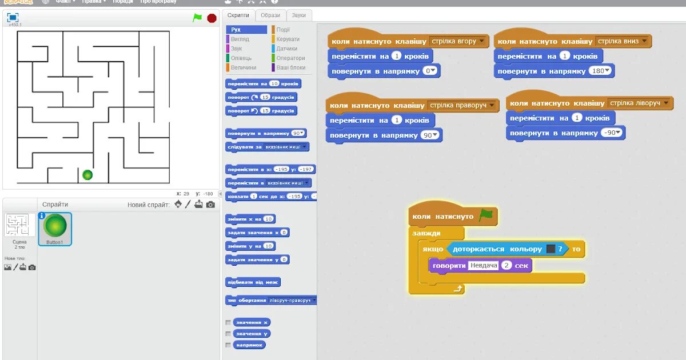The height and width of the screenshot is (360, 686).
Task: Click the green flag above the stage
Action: click(197, 18)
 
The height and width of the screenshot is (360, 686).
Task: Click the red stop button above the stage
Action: click(212, 18)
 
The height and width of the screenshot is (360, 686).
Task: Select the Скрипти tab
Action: click(237, 15)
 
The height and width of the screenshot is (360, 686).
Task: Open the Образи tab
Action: click(270, 15)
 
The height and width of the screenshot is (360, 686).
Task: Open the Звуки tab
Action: click(298, 15)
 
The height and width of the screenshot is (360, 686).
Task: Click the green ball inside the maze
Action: click(87, 175)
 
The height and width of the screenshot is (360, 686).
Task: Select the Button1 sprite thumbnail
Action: click(55, 228)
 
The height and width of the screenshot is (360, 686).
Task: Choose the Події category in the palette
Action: click(283, 30)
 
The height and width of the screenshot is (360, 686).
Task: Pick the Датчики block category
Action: click(286, 49)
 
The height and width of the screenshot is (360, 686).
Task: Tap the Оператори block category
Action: click(290, 58)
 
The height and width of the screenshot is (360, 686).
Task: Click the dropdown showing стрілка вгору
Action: click(458, 41)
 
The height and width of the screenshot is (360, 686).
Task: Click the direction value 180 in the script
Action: click(600, 71)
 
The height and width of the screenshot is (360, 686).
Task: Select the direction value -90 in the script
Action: click(612, 133)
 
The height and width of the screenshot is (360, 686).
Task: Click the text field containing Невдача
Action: click(482, 265)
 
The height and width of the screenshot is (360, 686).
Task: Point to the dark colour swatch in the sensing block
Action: click(551, 249)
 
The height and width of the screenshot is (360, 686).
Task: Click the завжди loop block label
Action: click(426, 233)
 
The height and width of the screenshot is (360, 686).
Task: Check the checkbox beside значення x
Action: click(228, 322)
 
